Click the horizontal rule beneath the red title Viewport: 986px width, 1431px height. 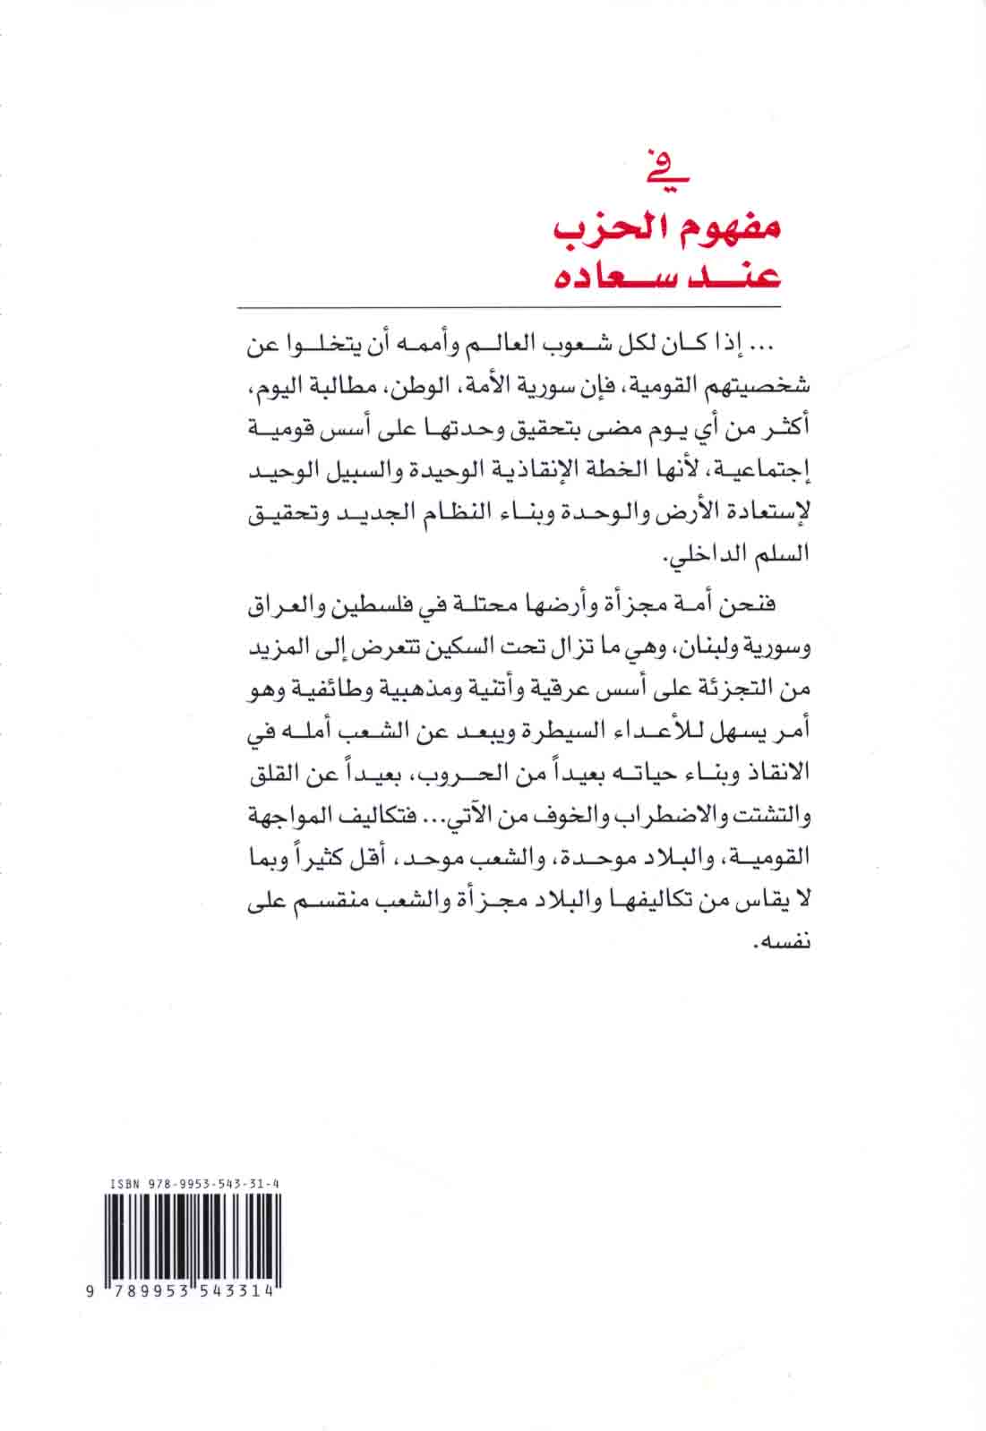510,306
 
